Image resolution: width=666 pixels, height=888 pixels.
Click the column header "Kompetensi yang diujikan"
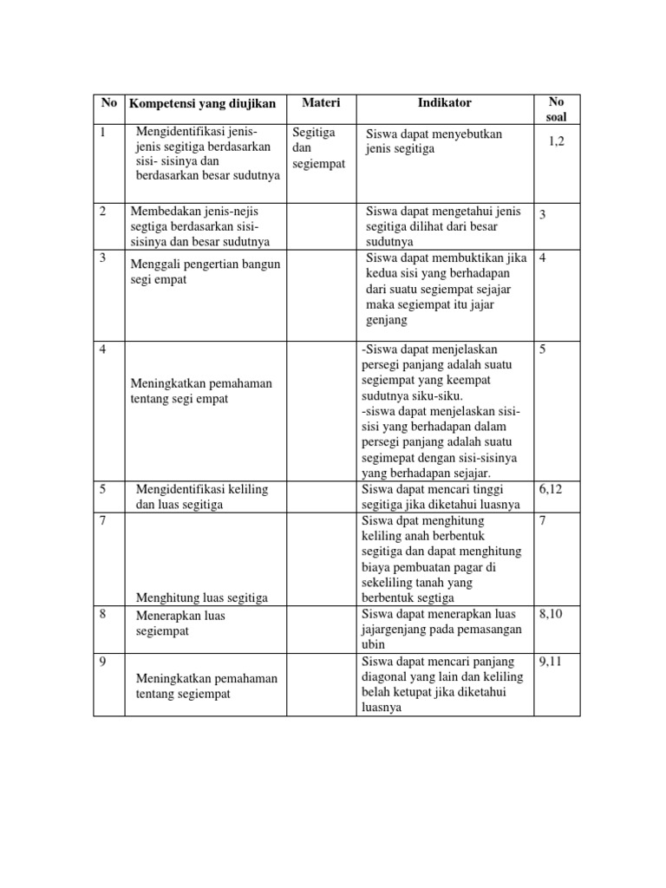(x=203, y=104)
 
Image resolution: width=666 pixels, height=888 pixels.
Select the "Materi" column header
(x=321, y=103)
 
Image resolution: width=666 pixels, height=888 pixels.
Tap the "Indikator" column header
(x=444, y=102)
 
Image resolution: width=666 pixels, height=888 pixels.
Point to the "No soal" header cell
(x=556, y=109)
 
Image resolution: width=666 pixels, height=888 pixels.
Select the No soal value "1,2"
(x=556, y=141)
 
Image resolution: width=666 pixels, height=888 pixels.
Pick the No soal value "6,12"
(x=552, y=489)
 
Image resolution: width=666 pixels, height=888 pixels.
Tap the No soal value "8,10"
(x=552, y=614)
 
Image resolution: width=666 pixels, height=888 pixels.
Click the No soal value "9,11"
(x=552, y=662)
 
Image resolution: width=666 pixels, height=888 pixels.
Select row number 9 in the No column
(x=103, y=662)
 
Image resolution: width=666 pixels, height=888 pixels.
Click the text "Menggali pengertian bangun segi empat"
(x=206, y=271)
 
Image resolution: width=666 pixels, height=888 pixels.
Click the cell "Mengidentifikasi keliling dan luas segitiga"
(x=202, y=496)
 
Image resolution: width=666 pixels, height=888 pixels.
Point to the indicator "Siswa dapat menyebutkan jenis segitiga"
(x=434, y=141)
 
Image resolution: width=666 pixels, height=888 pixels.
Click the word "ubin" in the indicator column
(x=372, y=645)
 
